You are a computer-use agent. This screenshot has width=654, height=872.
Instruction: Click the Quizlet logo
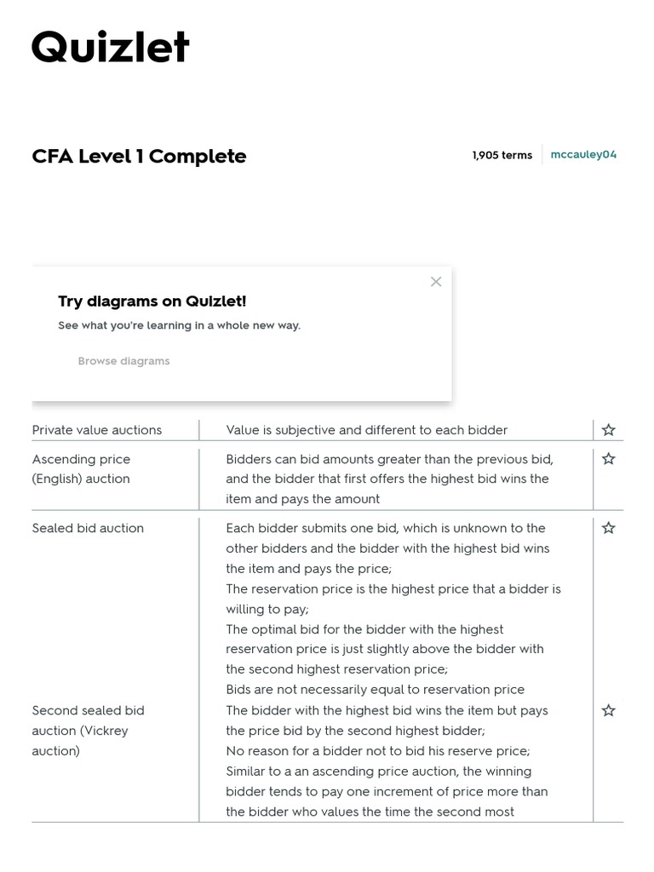click(111, 48)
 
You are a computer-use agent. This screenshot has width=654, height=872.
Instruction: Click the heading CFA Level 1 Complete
click(139, 156)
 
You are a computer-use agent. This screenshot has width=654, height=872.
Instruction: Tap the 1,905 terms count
click(502, 155)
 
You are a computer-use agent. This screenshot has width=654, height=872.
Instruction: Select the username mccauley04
click(583, 154)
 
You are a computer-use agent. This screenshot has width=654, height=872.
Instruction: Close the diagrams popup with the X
click(436, 282)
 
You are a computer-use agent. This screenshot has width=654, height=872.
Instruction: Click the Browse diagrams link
click(123, 361)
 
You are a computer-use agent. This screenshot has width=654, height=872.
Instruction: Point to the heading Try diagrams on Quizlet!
click(152, 301)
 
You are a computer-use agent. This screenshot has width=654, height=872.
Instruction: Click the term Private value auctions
click(96, 430)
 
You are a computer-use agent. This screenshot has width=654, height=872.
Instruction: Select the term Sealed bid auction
click(88, 528)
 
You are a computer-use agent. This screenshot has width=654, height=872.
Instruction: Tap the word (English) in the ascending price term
click(57, 479)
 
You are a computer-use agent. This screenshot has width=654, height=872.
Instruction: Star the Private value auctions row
click(608, 430)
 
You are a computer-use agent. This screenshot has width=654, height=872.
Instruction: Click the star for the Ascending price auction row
click(608, 459)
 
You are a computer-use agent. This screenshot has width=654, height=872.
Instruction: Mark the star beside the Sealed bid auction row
click(608, 528)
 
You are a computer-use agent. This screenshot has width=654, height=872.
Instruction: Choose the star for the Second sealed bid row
click(608, 710)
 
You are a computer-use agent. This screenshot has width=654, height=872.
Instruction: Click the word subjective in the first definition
click(301, 430)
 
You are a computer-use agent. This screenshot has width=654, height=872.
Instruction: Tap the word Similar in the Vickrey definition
click(248, 772)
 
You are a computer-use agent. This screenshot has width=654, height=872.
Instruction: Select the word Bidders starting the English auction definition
click(249, 459)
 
